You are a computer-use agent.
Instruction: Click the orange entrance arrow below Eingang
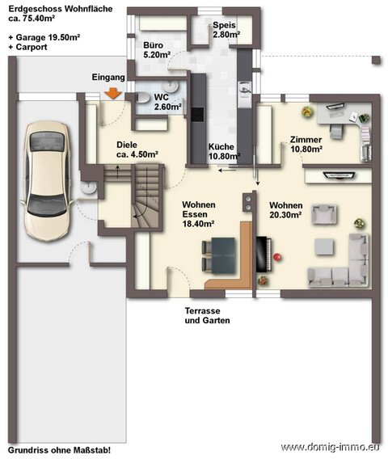[x=113, y=94]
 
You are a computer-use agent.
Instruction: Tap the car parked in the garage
[x=48, y=181]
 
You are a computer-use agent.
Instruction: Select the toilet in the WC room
[x=142, y=98]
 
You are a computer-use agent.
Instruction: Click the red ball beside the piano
[x=276, y=257]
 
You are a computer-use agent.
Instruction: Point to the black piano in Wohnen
[x=264, y=255]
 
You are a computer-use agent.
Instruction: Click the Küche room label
[x=221, y=146]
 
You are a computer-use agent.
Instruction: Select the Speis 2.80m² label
[x=226, y=30]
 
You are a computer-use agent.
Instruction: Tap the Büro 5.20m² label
[x=157, y=50]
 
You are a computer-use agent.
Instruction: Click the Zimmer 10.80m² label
[x=306, y=144]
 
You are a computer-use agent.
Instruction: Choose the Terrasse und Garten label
[x=207, y=315]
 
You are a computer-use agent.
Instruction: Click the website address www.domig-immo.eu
[x=331, y=447]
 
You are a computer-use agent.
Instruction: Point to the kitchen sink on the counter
[x=244, y=88]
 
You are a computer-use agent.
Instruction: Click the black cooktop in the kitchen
[x=197, y=115]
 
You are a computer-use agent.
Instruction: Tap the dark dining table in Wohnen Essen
[x=223, y=255]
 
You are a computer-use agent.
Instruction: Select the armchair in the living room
[x=324, y=214]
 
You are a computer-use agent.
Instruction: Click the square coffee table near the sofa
[x=324, y=246]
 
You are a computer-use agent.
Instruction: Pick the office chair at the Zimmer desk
[x=337, y=131]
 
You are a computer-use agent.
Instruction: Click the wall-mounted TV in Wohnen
[x=339, y=175]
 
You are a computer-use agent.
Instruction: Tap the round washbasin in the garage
[x=88, y=187]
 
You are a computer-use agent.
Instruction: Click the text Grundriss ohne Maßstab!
[x=59, y=450]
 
